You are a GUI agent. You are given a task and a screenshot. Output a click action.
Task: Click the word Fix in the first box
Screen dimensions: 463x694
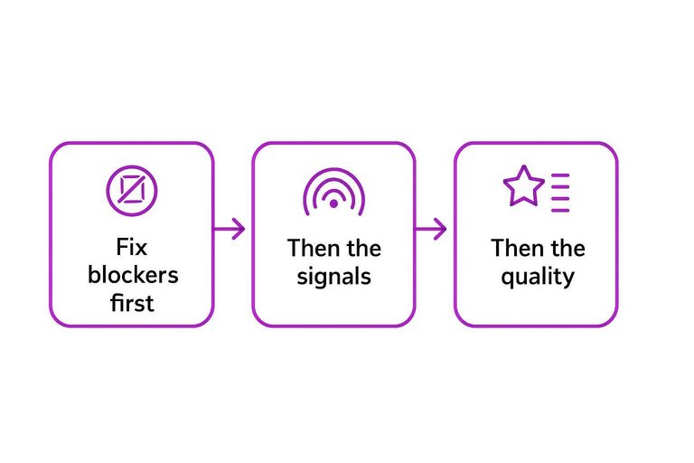(x=132, y=247)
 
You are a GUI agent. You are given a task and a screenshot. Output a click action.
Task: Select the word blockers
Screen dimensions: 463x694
(x=132, y=275)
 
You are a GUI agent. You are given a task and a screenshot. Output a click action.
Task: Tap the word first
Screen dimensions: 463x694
(x=132, y=303)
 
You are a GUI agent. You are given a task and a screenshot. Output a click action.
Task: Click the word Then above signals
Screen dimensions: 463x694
(x=307, y=248)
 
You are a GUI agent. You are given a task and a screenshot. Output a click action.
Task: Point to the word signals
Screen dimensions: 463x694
(x=333, y=276)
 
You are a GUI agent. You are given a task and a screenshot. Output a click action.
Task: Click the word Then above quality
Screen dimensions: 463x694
(x=511, y=248)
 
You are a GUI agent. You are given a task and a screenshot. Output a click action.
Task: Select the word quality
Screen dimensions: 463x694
(x=537, y=276)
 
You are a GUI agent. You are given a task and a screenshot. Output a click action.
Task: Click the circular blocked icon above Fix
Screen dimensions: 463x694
(x=132, y=190)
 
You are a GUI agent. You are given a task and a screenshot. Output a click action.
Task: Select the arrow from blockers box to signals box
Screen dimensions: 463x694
(x=230, y=230)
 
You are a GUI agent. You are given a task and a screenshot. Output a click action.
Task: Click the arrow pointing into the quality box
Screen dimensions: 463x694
(x=432, y=230)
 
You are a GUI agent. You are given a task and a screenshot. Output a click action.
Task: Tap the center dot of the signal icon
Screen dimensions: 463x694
(x=333, y=204)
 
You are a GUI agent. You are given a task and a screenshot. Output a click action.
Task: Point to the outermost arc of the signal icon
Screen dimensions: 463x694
(x=333, y=169)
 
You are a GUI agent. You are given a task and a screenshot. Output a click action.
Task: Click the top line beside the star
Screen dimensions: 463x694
(x=560, y=174)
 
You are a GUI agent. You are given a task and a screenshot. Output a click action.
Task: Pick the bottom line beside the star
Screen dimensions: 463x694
(x=560, y=210)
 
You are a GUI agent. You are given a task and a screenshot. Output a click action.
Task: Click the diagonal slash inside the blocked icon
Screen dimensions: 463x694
(x=132, y=190)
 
